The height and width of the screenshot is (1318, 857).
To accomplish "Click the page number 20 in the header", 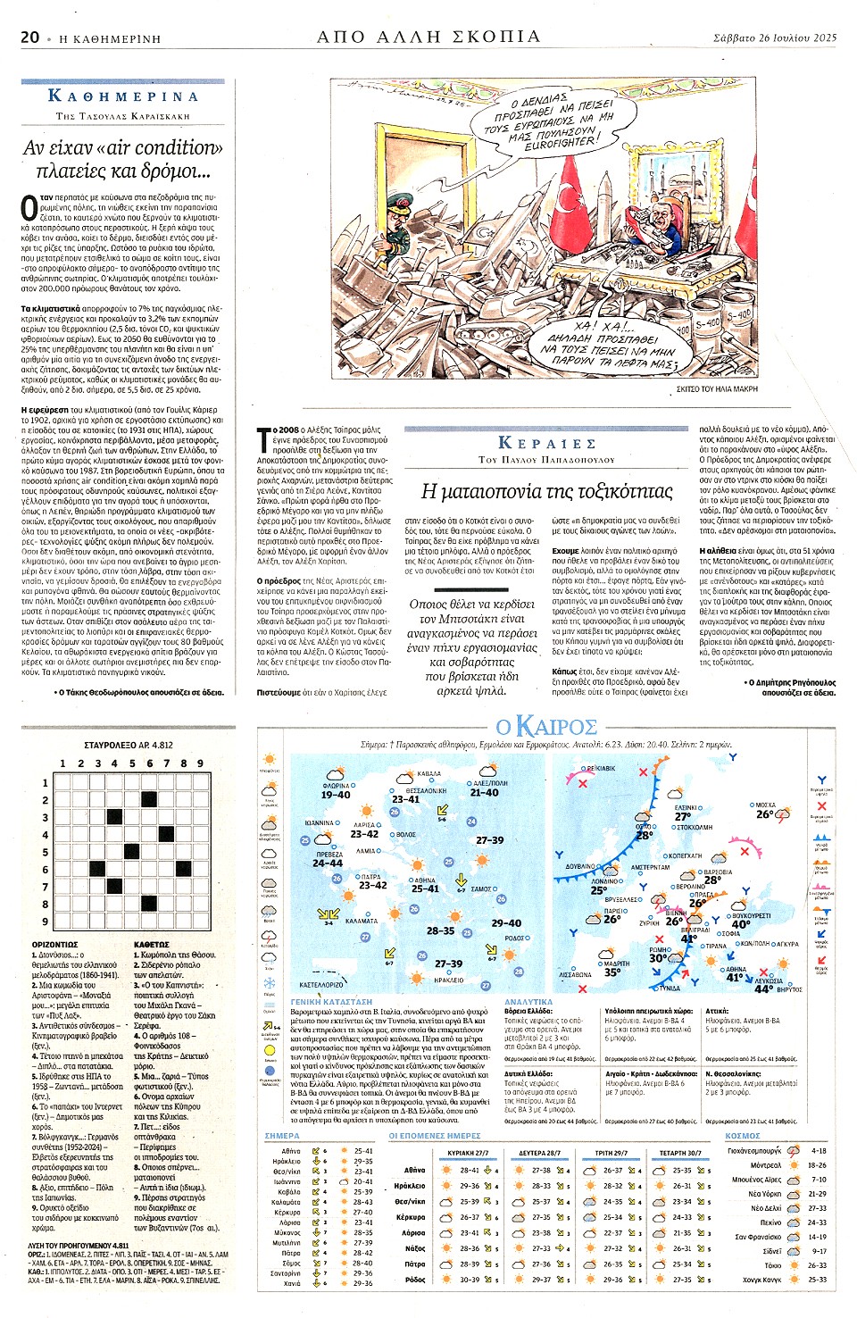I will pyautogui.click(x=29, y=37).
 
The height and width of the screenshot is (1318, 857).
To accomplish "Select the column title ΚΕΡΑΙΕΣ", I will pyautogui.click(x=546, y=443).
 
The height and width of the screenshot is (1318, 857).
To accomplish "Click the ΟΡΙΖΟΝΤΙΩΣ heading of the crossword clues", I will pyautogui.click(x=54, y=944).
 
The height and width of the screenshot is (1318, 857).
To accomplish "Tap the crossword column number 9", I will pyautogui.click(x=200, y=763).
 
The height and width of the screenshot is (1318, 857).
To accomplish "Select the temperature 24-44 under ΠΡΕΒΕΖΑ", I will pyautogui.click(x=328, y=863).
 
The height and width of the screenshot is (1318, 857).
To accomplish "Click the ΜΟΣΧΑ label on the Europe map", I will pyautogui.click(x=765, y=805).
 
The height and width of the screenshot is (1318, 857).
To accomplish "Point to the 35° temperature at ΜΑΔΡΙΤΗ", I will pyautogui.click(x=613, y=972).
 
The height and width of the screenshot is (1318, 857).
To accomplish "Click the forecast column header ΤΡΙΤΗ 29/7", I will pyautogui.click(x=611, y=1153).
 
